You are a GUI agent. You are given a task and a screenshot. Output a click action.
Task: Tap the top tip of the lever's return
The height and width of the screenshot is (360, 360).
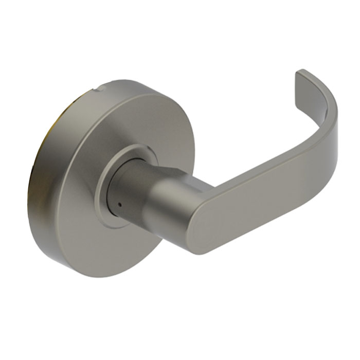click(x=303, y=73)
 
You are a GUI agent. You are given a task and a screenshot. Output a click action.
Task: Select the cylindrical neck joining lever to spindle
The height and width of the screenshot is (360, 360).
click(x=170, y=206)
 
